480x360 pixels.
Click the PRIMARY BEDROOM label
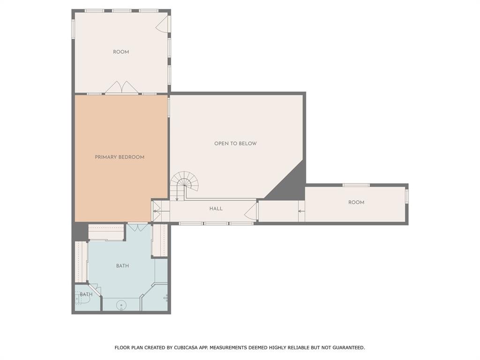pos(120,157)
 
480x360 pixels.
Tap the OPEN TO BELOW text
pos(235,143)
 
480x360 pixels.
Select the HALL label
pos(216,209)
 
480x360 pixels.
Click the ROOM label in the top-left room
pos(121,52)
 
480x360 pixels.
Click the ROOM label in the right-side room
pos(356,202)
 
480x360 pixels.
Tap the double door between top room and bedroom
pos(121,88)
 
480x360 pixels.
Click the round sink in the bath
pos(121,305)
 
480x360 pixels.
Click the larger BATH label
pos(122,266)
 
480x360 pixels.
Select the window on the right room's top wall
pos(356,185)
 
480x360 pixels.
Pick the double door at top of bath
pos(138,228)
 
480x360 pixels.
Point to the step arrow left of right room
pos(301,211)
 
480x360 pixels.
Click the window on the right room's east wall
pos(406,195)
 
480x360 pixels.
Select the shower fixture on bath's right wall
pos(165,298)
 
